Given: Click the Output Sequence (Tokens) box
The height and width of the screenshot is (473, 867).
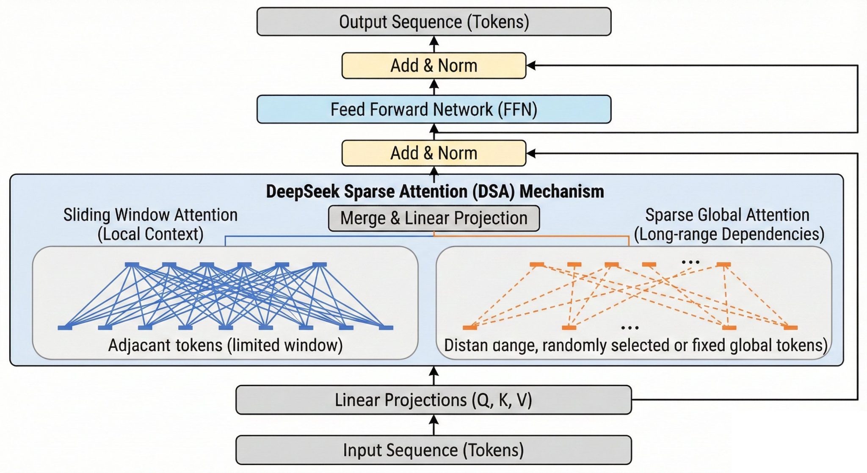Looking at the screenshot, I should coord(434,22).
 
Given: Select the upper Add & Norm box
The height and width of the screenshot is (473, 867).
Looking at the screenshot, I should coord(434,66).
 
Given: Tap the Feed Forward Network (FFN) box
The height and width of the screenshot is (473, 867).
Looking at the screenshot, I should coord(434,109).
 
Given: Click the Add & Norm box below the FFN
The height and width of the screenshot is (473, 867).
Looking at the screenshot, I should coord(434,153).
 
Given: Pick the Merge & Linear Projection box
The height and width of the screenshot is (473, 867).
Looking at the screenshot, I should coord(434,219).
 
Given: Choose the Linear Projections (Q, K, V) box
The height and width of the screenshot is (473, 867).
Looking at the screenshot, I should coord(433,400).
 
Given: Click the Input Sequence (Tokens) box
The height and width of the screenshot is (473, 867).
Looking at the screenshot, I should coord(433,450).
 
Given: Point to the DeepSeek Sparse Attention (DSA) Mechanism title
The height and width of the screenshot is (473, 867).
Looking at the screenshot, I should coord(435,191).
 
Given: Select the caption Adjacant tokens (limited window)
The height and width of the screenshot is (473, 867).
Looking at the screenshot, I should coord(225,345).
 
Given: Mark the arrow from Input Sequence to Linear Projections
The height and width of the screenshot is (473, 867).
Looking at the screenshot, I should coord(433,425).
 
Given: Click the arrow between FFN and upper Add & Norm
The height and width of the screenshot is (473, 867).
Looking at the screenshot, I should coord(434,87).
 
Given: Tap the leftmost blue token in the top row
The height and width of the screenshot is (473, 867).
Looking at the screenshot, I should coord(132,265).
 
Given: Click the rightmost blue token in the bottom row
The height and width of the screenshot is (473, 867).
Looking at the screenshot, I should coord(386,327).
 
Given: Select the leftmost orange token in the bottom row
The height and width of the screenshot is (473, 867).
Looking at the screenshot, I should coord(470,327).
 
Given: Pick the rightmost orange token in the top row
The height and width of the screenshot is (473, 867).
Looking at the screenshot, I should coord(723,265).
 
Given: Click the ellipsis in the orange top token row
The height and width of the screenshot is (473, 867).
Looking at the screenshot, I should coord(690,263).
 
